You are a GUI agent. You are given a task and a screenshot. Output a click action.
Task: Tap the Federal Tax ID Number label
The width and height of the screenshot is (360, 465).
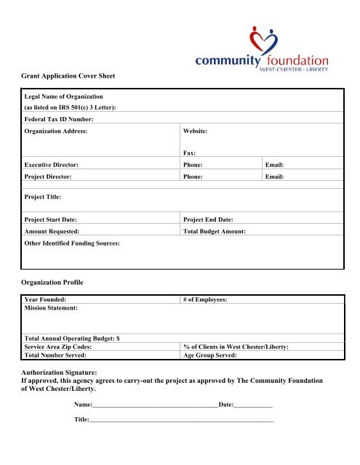coord(60,118)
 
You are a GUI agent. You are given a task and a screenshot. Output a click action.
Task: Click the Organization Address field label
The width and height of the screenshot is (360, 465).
coord(56,132)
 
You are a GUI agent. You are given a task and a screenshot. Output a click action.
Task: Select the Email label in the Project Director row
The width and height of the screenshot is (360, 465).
coord(274,176)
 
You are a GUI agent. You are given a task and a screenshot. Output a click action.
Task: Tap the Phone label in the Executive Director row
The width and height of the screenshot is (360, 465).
coord(193,165)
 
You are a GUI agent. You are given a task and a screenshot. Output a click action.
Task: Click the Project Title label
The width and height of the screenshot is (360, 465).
coord(43,196)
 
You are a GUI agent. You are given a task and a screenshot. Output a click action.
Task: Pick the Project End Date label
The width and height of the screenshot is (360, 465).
coord(215,219)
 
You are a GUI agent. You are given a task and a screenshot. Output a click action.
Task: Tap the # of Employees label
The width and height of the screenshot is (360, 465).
coord(207,299)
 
